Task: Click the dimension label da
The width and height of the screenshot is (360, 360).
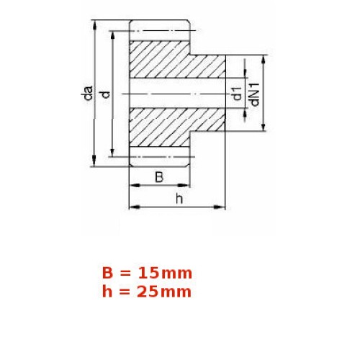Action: click(x=87, y=93)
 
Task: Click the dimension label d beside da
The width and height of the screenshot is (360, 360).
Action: click(x=106, y=94)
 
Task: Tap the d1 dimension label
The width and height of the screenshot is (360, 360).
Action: click(x=237, y=94)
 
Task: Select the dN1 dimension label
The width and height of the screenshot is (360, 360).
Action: click(x=255, y=94)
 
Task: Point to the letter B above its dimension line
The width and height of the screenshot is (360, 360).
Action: click(x=159, y=177)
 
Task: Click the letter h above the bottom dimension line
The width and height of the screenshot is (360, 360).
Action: click(x=179, y=199)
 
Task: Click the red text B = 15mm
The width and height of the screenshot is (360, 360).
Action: click(x=147, y=273)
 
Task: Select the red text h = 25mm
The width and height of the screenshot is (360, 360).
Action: click(x=147, y=292)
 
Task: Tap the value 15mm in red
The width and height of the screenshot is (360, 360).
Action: click(x=165, y=273)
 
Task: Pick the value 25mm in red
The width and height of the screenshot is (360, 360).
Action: click(x=164, y=292)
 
